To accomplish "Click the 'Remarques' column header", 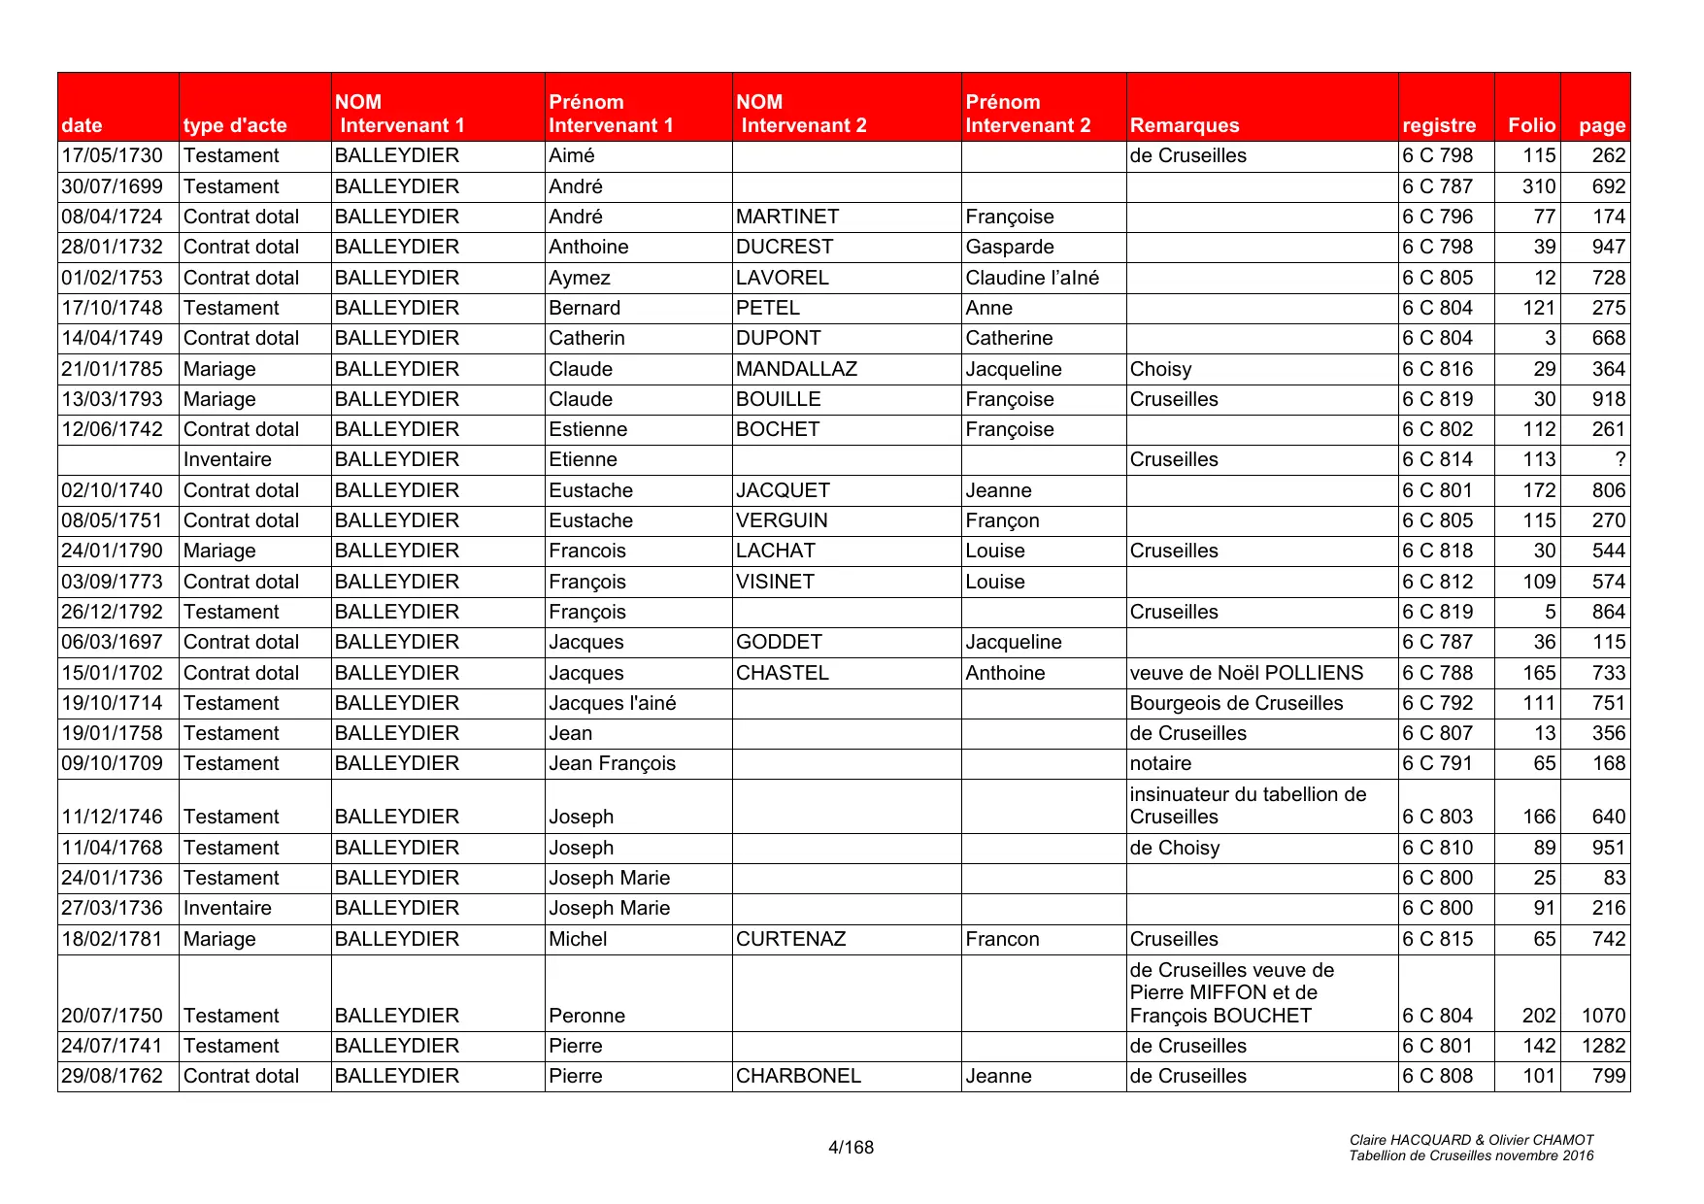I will tap(1184, 125).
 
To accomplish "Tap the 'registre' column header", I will tap(1438, 125).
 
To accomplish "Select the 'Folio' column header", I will tap(1531, 125).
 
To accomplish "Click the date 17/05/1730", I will tap(112, 156).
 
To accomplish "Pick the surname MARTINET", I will tap(786, 217).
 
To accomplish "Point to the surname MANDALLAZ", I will tap(796, 369).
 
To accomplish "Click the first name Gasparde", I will tap(1009, 248).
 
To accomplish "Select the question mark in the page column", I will tap(1620, 460).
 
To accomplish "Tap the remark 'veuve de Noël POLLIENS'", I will tap(1246, 673).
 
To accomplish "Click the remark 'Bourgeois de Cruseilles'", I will tap(1236, 703).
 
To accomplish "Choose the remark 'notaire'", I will tap(1160, 764).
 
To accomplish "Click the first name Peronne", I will tap(586, 1016).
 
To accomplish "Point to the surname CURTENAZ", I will tap(790, 939).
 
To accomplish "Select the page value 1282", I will tap(1602, 1046).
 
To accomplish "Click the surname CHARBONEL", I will tap(798, 1076).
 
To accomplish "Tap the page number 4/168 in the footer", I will tap(851, 1148).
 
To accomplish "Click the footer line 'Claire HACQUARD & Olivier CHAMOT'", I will tap(1471, 1140).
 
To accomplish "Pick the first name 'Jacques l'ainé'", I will tap(612, 703).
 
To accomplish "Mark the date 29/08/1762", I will tap(112, 1076).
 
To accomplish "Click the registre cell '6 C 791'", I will tap(1437, 764).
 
